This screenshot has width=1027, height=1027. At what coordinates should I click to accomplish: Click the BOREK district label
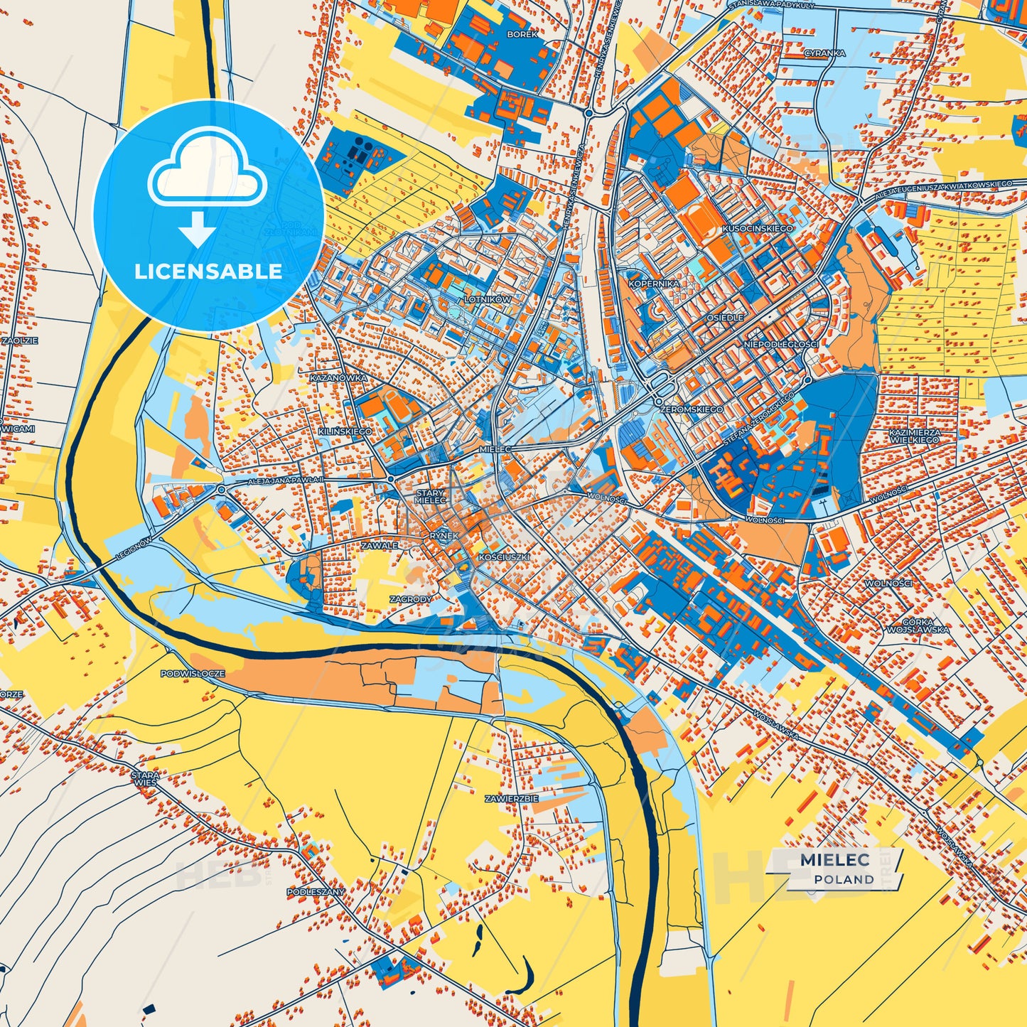[522, 33]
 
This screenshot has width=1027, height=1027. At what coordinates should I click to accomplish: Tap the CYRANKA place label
[824, 53]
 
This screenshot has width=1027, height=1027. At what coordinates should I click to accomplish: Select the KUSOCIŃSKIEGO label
[758, 229]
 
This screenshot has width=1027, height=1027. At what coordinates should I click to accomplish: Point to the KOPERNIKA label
[654, 284]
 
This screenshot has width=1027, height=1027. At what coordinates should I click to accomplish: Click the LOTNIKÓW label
[487, 300]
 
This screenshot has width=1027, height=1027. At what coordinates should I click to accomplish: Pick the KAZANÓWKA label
[338, 378]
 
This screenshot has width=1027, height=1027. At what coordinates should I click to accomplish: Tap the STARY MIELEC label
[430, 496]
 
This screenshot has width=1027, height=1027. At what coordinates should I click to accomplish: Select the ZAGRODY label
[410, 599]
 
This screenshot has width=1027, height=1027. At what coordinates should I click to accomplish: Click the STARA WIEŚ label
[144, 778]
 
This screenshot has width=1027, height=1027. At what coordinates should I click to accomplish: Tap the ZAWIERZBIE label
[511, 799]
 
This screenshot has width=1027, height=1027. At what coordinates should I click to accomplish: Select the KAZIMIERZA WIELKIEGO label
[914, 436]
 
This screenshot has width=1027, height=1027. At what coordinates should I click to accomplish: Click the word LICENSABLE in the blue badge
[208, 271]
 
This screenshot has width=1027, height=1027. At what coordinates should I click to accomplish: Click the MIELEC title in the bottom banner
[834, 859]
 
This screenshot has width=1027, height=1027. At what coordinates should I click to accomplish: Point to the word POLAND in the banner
[844, 879]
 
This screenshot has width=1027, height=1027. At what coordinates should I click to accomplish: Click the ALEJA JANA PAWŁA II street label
[285, 481]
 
